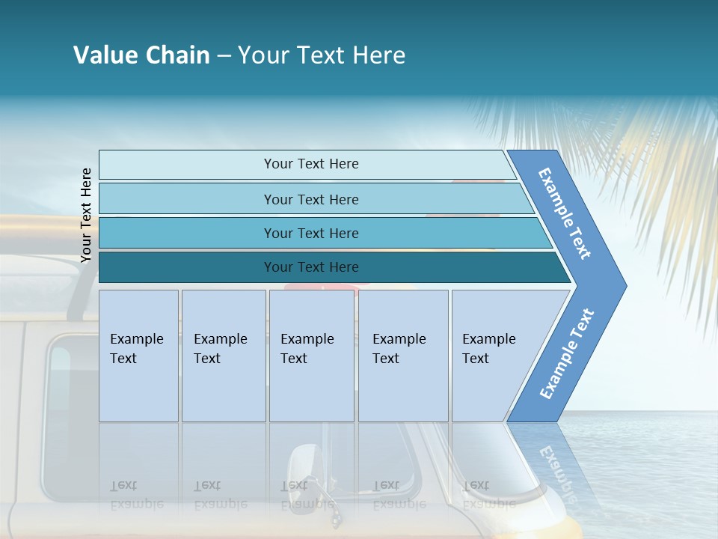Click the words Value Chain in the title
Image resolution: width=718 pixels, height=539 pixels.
[x=141, y=55]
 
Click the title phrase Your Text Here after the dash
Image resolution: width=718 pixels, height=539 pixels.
[x=322, y=55]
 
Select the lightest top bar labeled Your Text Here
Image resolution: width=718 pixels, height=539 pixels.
[x=310, y=164]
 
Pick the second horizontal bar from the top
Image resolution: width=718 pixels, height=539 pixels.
[x=310, y=199]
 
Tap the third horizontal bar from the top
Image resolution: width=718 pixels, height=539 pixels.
[x=310, y=233]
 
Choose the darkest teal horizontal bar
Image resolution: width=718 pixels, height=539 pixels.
[x=310, y=267]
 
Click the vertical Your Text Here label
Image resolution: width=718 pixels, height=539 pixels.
[x=86, y=215]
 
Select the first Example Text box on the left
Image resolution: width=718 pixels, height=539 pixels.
[x=138, y=356]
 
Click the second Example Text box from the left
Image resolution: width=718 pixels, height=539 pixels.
[x=223, y=356]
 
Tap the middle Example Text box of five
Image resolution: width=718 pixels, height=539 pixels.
[x=311, y=356]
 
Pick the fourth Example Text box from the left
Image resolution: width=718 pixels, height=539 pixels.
[x=402, y=356]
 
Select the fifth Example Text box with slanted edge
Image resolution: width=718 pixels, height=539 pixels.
[x=494, y=356]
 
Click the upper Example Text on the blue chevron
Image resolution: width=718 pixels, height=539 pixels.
[x=565, y=213]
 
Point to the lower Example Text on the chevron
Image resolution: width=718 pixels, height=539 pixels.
[x=566, y=353]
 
